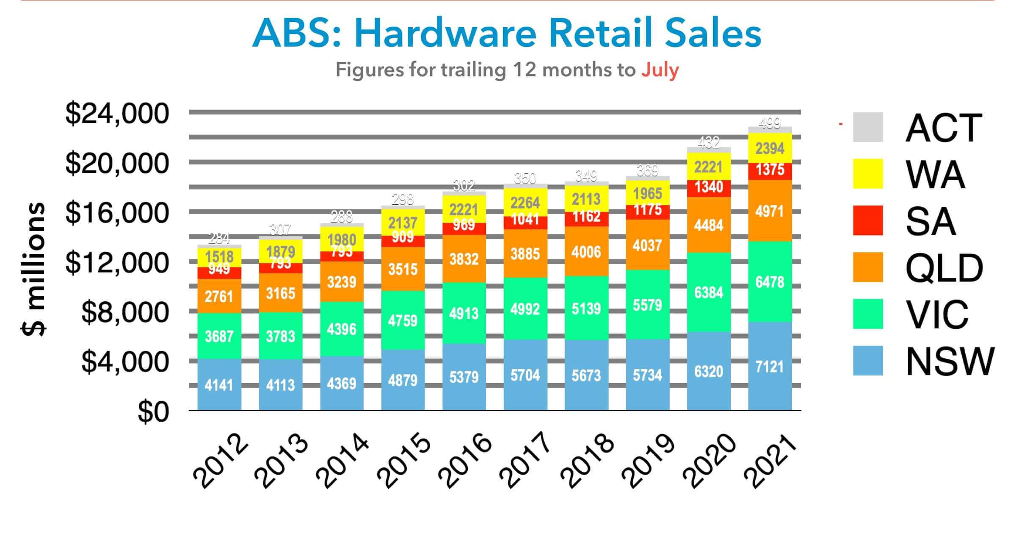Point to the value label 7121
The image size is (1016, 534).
coord(770,367)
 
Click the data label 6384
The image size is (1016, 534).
coord(709,292)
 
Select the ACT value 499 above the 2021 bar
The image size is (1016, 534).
coord(770,123)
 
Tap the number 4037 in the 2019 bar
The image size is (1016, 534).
coord(647,245)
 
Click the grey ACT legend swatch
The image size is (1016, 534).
coord(868,127)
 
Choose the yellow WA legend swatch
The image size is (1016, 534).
coord(868,174)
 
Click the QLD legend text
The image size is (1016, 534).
coord(944,268)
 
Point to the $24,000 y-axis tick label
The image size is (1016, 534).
coord(117,114)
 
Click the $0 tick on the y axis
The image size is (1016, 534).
coord(153,412)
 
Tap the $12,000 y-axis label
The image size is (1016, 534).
coord(117,263)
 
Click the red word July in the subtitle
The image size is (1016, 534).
coord(660,70)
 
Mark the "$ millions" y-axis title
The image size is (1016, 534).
coord(33,269)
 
